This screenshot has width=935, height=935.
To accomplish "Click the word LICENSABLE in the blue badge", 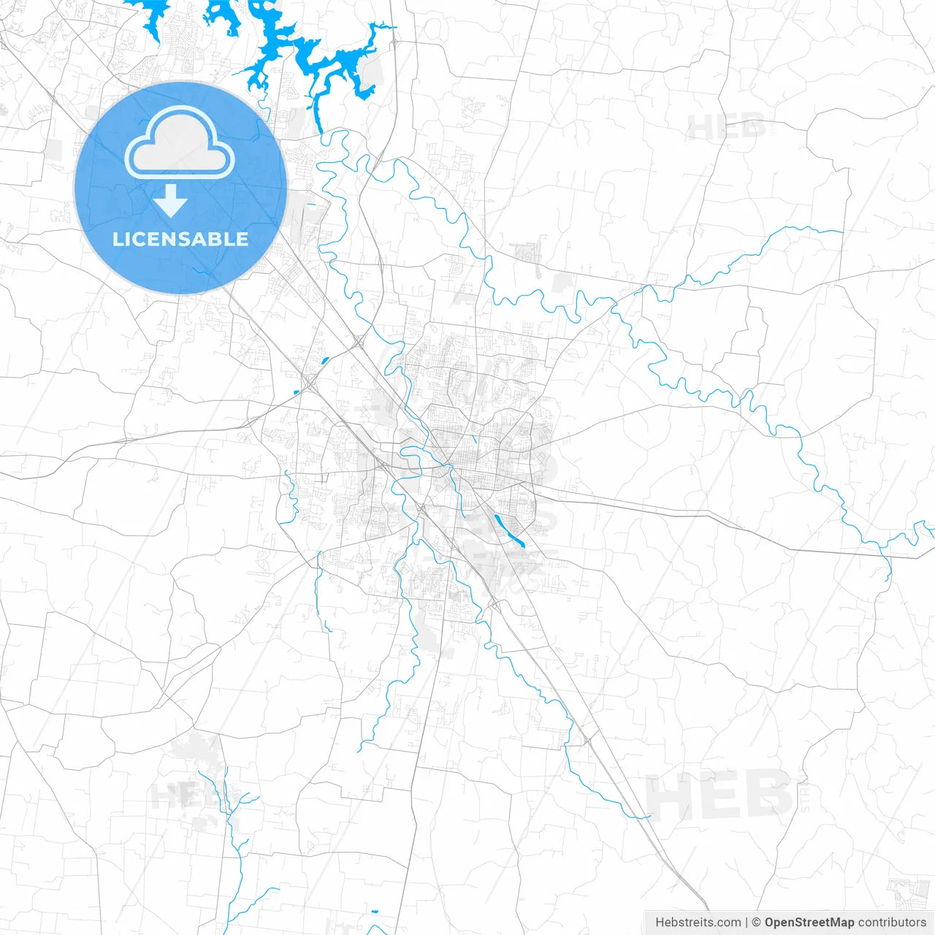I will [180, 239].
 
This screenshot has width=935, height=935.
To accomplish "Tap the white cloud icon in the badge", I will [180, 143].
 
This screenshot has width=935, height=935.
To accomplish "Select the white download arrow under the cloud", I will [171, 201].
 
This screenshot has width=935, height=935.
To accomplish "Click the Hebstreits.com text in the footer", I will [698, 923].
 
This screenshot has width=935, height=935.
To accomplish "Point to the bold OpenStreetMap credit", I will [809, 923].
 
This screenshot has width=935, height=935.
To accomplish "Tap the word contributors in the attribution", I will [891, 923].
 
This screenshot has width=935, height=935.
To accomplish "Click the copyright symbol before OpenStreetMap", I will [757, 923].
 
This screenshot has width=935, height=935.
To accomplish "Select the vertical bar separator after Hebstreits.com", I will [747, 923].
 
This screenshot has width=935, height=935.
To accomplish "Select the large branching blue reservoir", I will [292, 44].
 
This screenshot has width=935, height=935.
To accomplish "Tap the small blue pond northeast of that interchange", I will [324, 359].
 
